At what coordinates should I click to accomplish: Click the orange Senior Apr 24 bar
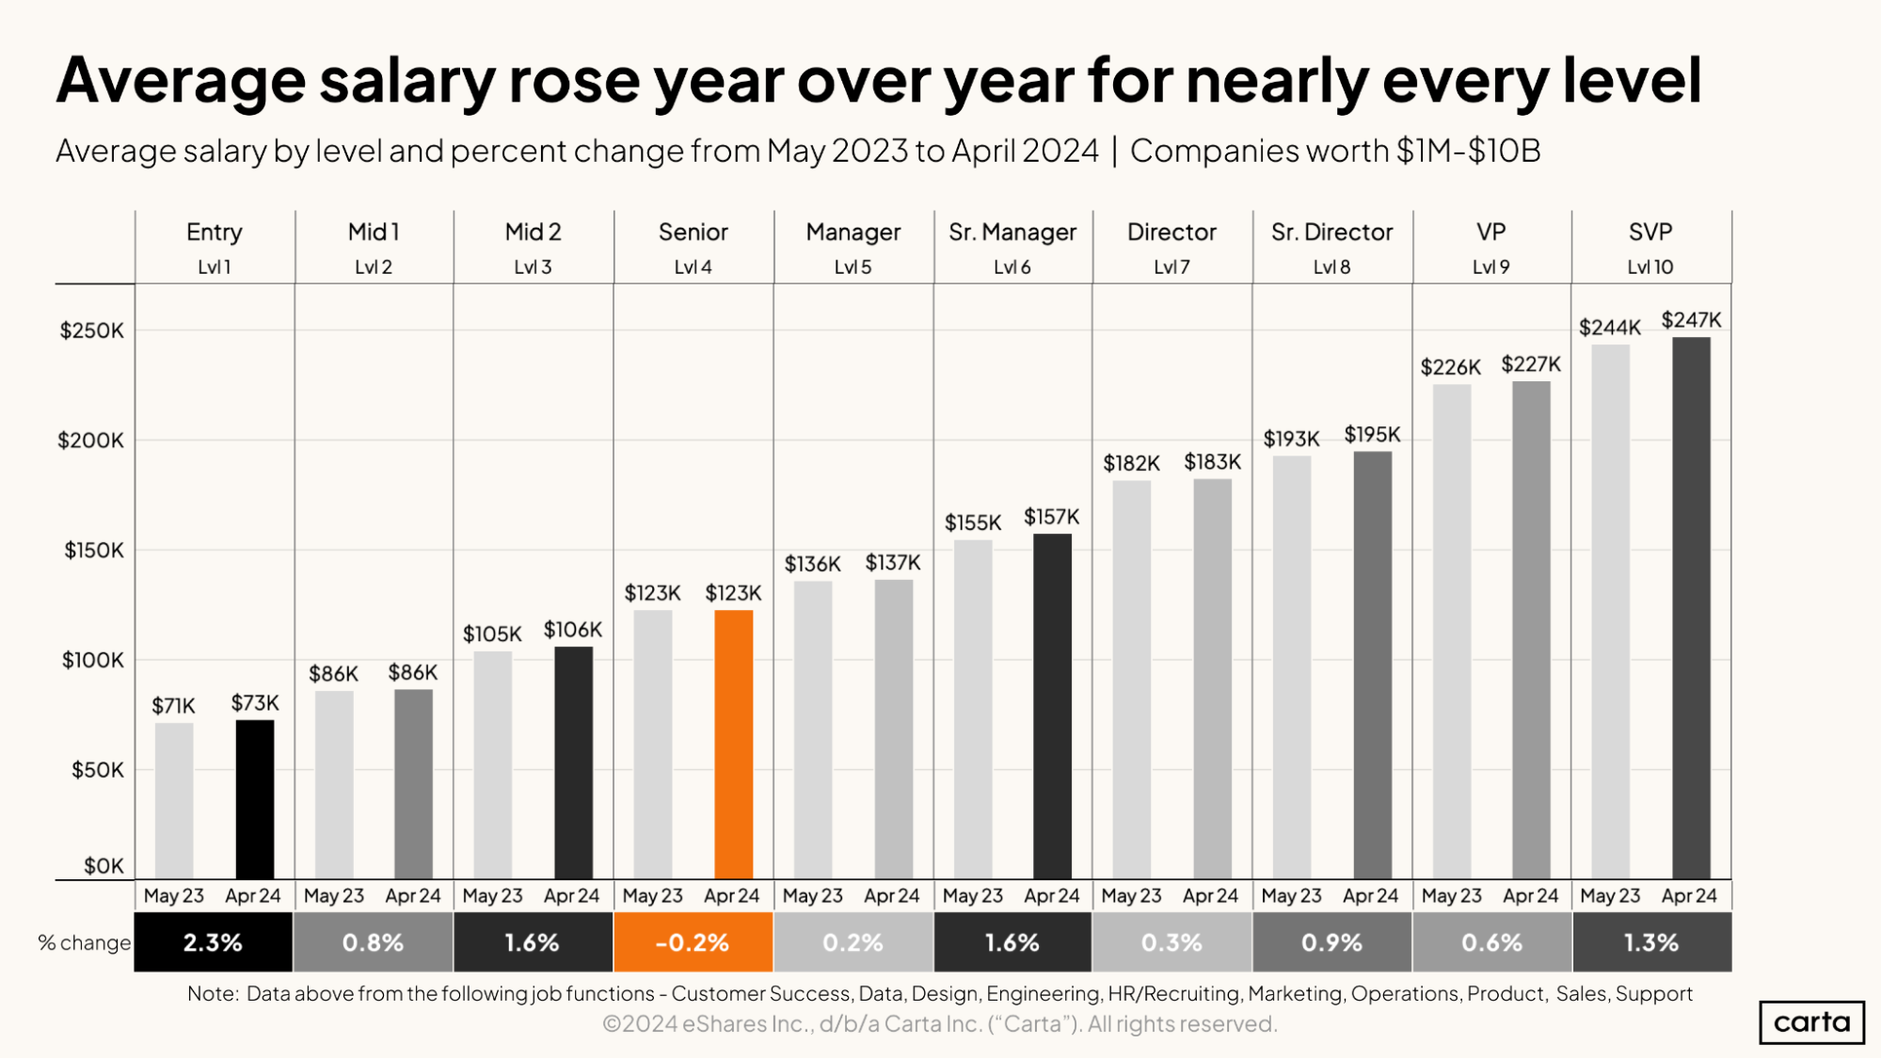(733, 744)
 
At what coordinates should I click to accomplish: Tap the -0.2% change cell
(693, 942)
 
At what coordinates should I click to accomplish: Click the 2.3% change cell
(213, 942)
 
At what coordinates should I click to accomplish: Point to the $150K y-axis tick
(93, 550)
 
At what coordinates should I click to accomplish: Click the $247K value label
(1691, 320)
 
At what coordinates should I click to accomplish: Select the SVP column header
(1650, 233)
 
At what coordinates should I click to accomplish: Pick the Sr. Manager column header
(1012, 233)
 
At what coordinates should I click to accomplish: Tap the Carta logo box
(1811, 1022)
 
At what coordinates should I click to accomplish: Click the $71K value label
(173, 706)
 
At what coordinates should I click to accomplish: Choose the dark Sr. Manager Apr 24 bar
(1052, 706)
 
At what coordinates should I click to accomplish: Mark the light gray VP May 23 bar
(1451, 631)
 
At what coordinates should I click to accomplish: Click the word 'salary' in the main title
(406, 81)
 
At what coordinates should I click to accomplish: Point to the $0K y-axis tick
(104, 866)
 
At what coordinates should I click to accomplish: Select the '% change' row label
(84, 942)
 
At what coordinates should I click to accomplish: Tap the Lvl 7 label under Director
(1172, 267)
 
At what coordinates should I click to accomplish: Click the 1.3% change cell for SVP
(1651, 942)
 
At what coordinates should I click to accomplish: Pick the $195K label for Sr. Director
(1372, 435)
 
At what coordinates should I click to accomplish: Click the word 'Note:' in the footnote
(213, 994)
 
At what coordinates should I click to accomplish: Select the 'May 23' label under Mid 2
(492, 896)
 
